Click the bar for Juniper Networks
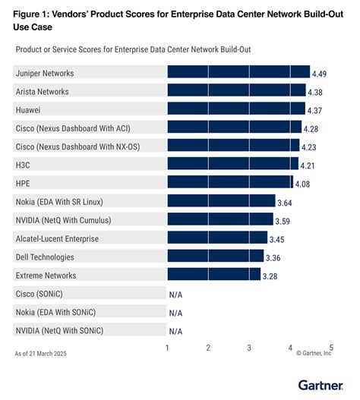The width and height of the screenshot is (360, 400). tap(238, 72)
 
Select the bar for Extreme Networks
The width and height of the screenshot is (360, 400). tap(213, 275)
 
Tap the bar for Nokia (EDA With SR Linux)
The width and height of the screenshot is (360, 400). tap(221, 201)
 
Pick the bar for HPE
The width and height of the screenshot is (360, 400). tap(229, 182)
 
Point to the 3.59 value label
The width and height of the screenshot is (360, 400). tap(284, 221)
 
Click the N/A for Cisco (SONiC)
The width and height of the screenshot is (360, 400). tap(175, 294)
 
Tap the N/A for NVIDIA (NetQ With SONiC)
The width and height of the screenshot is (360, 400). tap(175, 331)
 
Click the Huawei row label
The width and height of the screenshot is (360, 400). tap(30, 109)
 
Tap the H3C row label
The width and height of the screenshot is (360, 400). tap(24, 165)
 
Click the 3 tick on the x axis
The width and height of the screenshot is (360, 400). tap(249, 348)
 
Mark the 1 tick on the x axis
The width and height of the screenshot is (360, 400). tap(167, 348)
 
